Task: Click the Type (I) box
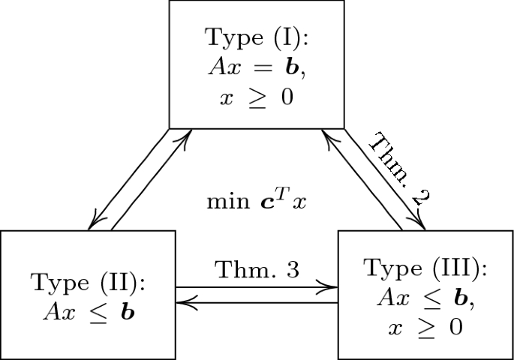point(256,64)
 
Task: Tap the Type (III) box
point(425,295)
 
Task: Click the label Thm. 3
point(257,271)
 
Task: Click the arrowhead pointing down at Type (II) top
point(94,223)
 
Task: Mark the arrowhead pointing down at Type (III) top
point(419,223)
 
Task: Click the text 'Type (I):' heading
point(256,37)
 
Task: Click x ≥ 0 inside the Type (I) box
point(256,98)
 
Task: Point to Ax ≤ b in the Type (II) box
point(88,310)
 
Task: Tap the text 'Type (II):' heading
point(88,283)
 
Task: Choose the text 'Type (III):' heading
point(425,268)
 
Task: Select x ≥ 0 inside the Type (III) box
point(425,328)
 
